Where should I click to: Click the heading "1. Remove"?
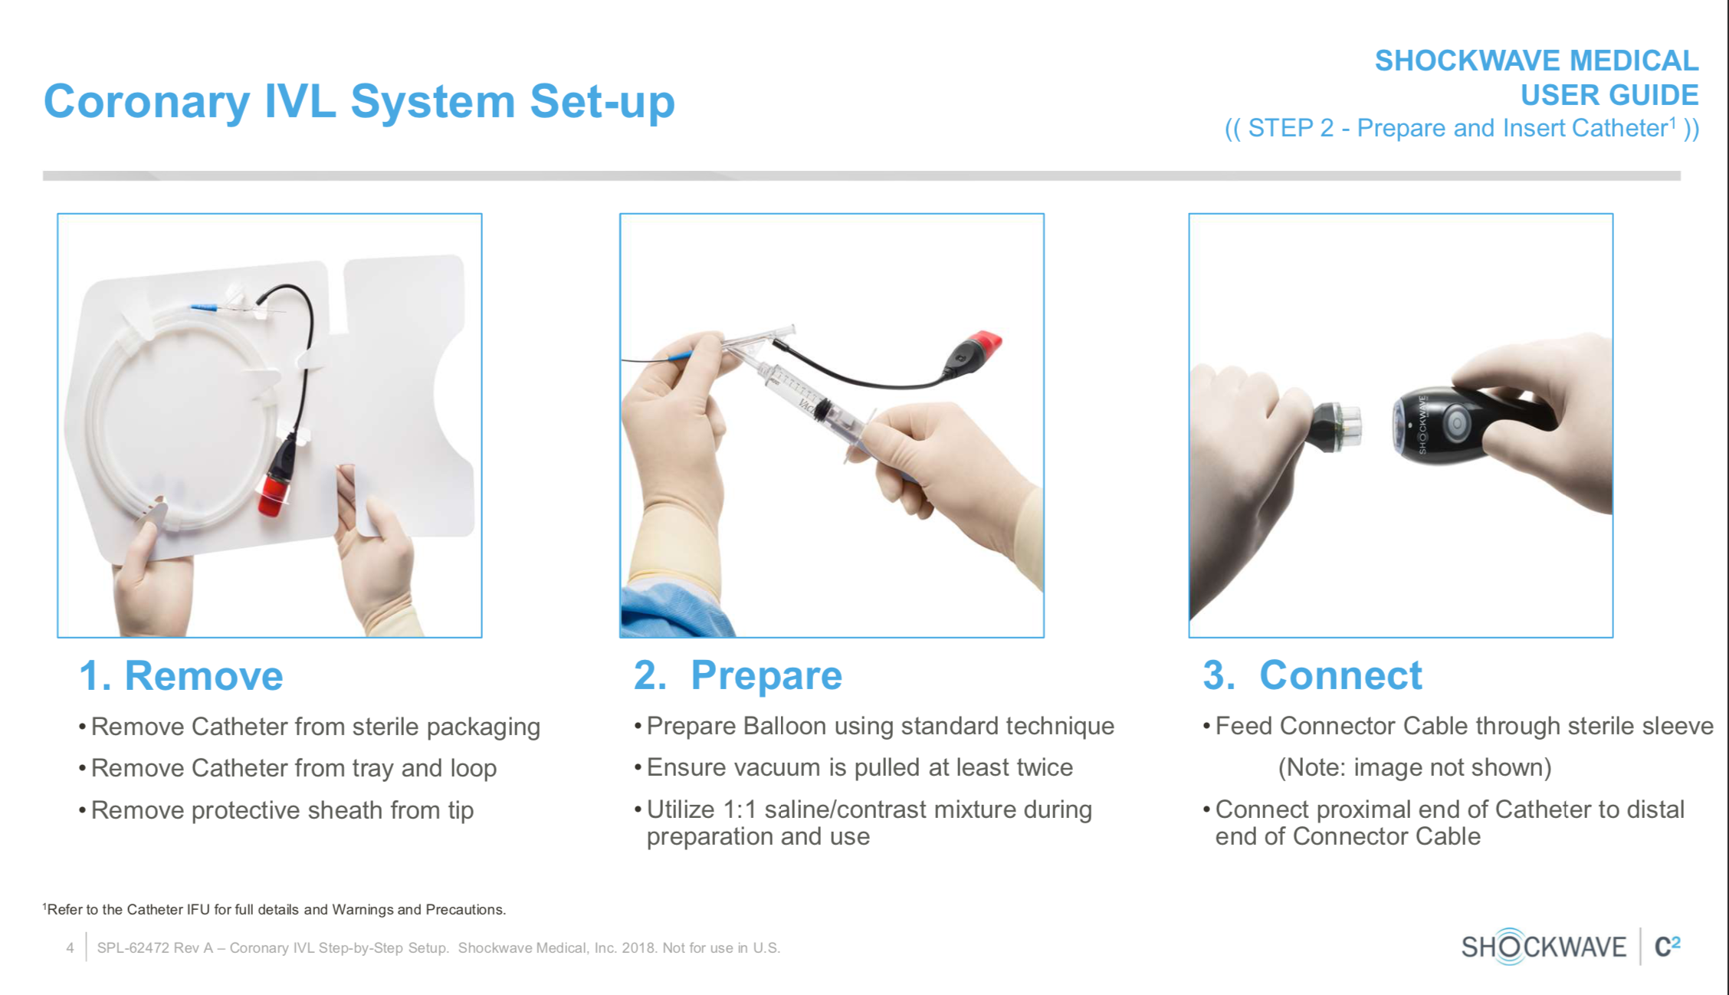tap(182, 675)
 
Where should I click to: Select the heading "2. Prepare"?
tap(738, 676)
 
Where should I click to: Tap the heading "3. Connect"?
tap(1312, 675)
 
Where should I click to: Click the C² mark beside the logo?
tap(1668, 947)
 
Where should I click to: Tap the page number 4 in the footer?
tap(70, 948)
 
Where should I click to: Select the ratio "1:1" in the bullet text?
tap(740, 809)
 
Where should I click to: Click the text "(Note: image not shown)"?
tap(1415, 768)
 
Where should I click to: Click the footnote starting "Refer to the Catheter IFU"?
tap(274, 910)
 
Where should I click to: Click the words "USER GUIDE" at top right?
tap(1609, 96)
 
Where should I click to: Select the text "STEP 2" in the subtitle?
tap(1291, 128)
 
